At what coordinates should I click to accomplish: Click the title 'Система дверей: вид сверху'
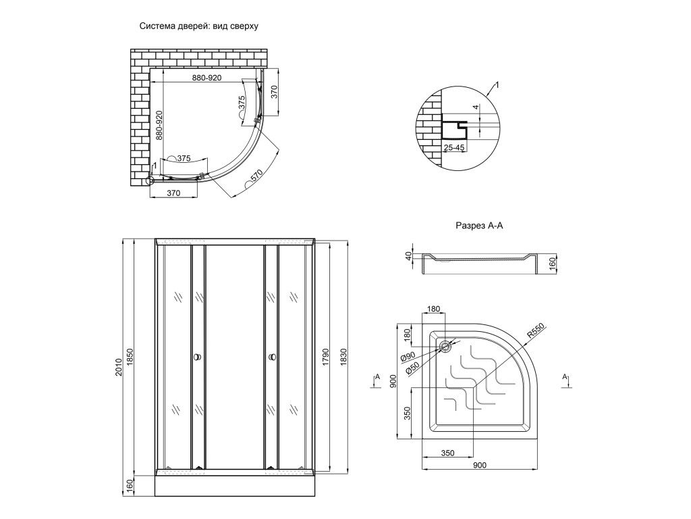(199, 26)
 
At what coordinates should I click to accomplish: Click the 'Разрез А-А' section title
(479, 226)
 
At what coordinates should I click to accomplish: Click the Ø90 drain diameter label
(408, 357)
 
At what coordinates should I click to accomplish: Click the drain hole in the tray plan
(445, 347)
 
